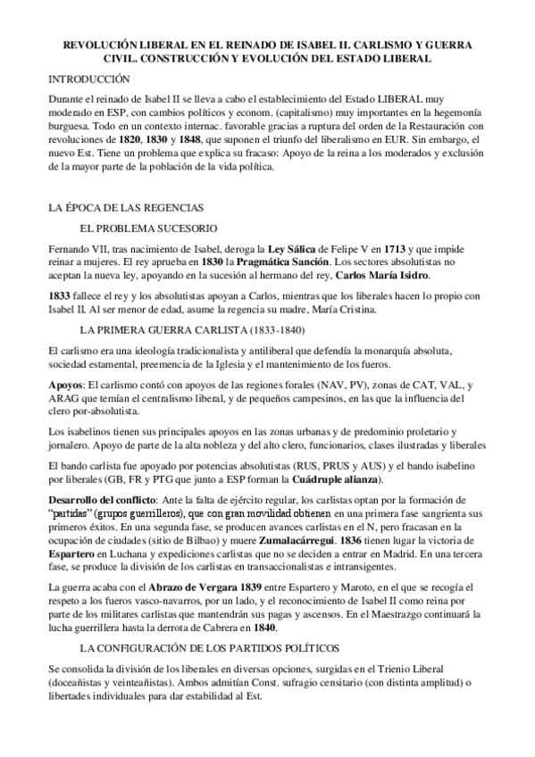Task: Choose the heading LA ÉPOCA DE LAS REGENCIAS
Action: pos(125,206)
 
